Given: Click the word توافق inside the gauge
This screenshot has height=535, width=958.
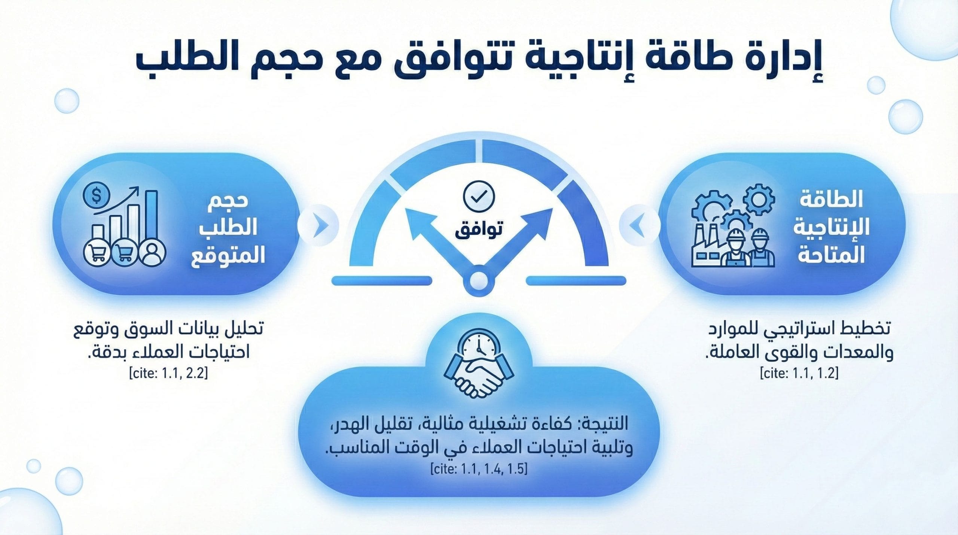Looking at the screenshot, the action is coord(479,229).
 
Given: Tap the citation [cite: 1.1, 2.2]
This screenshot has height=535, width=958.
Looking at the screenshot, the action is coord(168,373).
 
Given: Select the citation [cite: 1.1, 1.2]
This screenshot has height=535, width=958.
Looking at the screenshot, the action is coord(799,373).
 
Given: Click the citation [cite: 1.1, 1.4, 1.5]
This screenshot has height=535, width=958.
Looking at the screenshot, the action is coord(479,469).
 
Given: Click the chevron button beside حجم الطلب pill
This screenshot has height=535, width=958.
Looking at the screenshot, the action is coord(318,225).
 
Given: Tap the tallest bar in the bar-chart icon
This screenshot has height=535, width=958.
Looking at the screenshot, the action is coord(151,215).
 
